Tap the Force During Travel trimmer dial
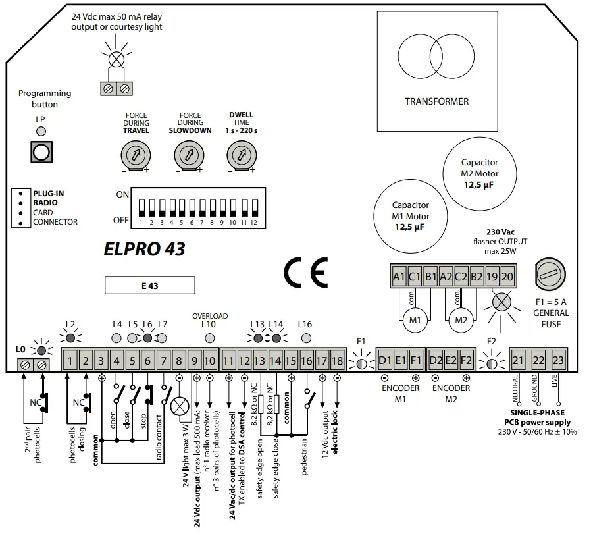pos(136,155)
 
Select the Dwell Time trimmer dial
pos(240,155)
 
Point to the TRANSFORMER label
pos(436,101)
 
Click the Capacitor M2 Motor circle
pos(479,174)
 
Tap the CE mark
pos(305,274)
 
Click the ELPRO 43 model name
pos(144,249)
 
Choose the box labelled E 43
pos(150,285)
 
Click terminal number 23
pos(558,360)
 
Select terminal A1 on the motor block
pos(399,277)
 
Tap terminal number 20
pos(507,277)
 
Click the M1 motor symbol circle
pos(415,320)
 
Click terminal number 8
pos(179,360)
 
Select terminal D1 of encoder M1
pos(385,360)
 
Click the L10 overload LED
pos(209,338)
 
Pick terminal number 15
pos(290,360)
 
